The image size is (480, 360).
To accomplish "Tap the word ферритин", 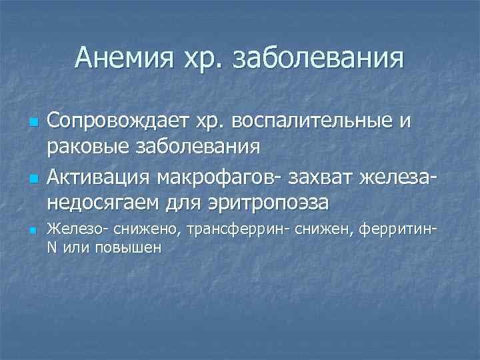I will [x=395, y=231].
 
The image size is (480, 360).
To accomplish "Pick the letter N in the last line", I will [x=52, y=247].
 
